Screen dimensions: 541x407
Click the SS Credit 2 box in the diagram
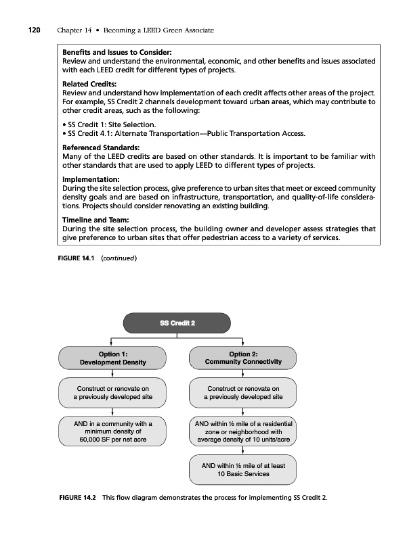[177, 323]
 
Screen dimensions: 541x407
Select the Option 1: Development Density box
[112, 358]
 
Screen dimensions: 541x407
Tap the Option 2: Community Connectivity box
[243, 358]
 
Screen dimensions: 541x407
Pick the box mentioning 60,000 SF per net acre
[112, 430]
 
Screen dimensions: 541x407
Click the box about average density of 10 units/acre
[243, 430]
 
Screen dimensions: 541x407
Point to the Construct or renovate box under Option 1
[112, 393]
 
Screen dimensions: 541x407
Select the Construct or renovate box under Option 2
[243, 393]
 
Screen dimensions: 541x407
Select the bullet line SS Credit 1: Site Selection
[109, 124]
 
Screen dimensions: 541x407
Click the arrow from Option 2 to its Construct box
[243, 373]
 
